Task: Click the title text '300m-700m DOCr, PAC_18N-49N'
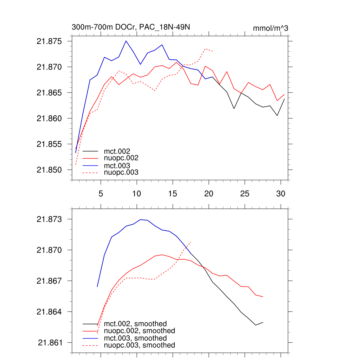[x=131, y=27]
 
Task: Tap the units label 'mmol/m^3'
[x=270, y=28]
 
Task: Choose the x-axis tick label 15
[x=172, y=193]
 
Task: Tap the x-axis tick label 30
[x=280, y=193]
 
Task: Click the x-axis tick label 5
[x=101, y=193]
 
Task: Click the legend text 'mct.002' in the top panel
[x=120, y=151]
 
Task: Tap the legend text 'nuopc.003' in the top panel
[x=121, y=173]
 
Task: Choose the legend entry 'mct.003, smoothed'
[x=135, y=338]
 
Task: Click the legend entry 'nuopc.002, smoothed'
[x=139, y=331]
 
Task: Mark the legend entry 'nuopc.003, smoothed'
[x=139, y=345]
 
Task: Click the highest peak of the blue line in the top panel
[x=126, y=41]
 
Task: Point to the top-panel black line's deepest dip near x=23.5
[x=234, y=109]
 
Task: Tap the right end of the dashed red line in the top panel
[x=213, y=51]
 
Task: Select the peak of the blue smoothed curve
[x=141, y=219]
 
